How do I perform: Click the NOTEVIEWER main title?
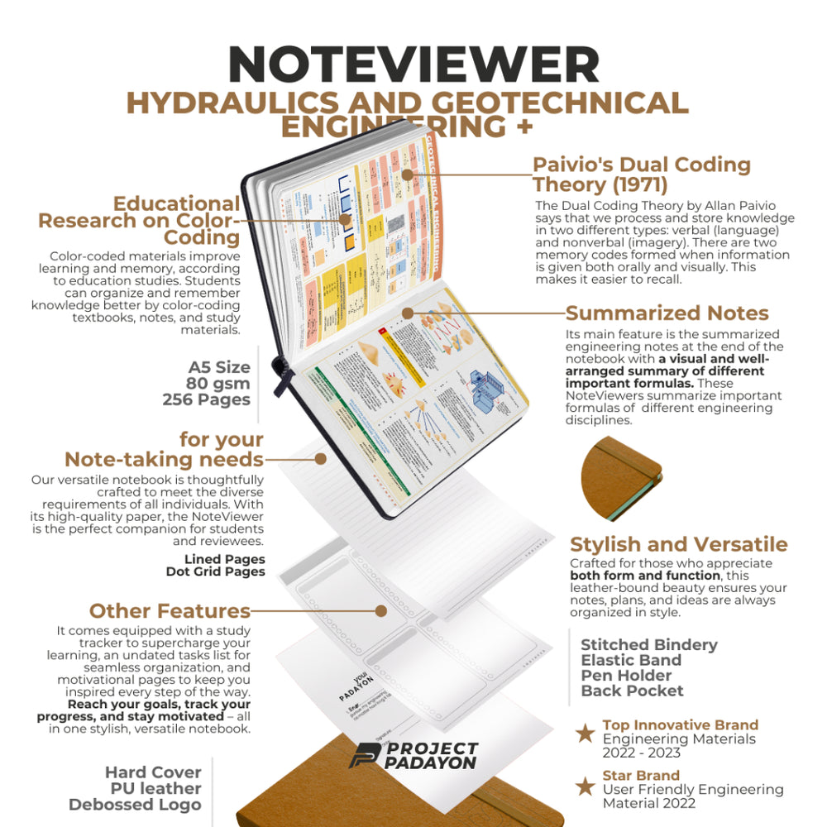point(413,64)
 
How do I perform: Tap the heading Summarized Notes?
point(667,313)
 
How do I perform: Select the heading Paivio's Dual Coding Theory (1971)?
point(641,174)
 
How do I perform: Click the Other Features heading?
point(170,611)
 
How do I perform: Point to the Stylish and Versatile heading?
point(678,545)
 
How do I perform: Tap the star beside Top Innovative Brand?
point(585,733)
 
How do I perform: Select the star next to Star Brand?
point(585,786)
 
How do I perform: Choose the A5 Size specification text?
point(218,367)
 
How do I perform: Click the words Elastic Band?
point(631,660)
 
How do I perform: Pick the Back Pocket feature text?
point(632,691)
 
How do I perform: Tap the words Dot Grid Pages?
point(215,571)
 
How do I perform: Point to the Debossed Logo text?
point(135,805)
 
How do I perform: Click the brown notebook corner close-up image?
point(621,477)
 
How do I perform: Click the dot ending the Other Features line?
point(380,611)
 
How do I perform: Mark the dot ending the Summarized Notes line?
point(407,313)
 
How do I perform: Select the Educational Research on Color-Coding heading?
point(139,221)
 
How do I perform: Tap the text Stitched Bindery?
point(648,645)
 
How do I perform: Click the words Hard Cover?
point(153,772)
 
